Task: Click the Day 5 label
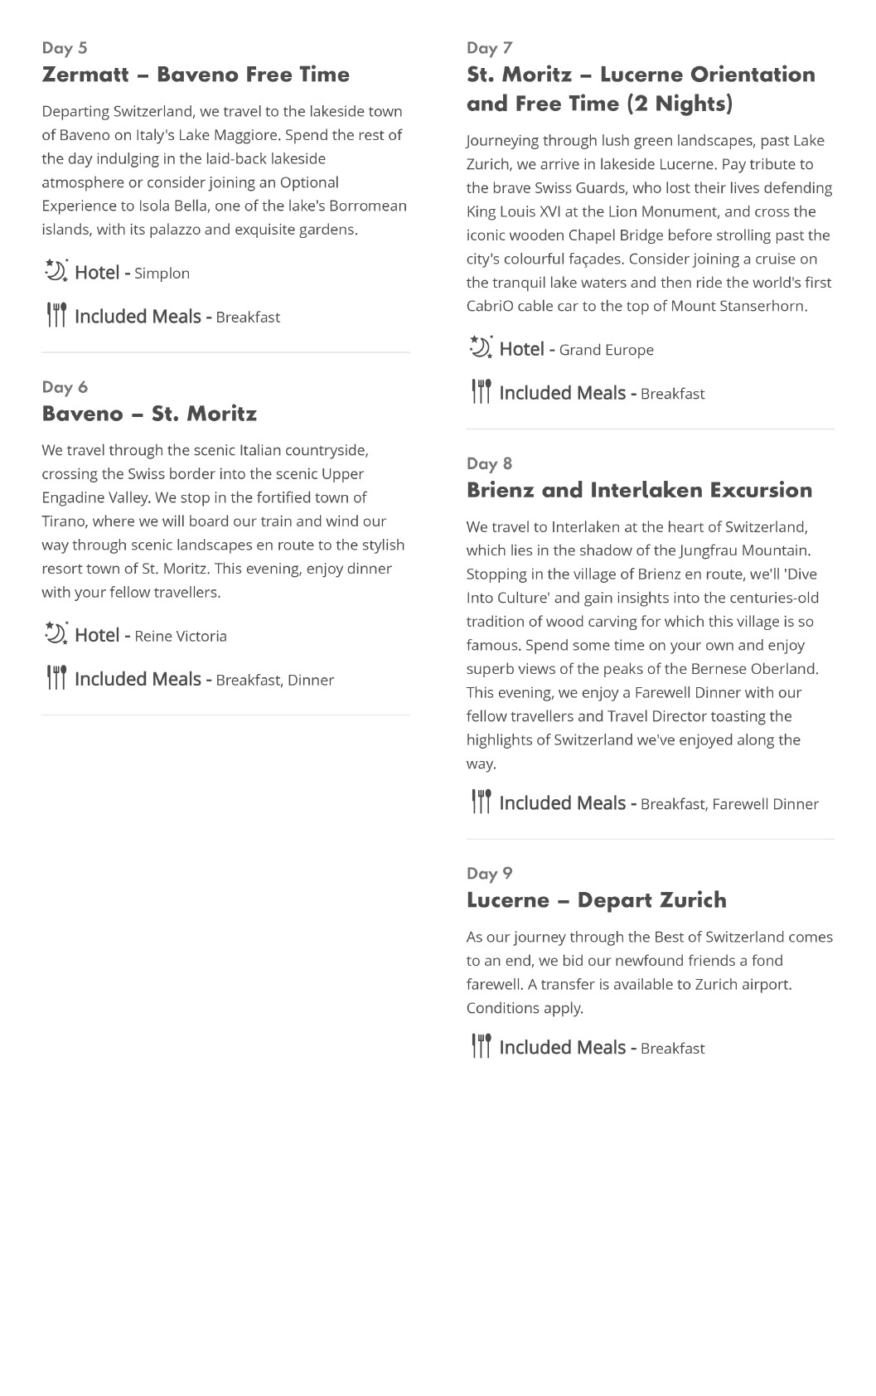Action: (x=65, y=48)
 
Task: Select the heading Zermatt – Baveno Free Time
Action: (x=196, y=75)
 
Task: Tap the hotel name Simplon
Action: (x=162, y=274)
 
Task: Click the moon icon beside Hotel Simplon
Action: (x=56, y=271)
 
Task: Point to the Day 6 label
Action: (x=65, y=387)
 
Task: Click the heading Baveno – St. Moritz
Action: (x=149, y=414)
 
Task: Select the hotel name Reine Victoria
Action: (x=181, y=637)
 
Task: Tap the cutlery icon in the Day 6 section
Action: (x=56, y=678)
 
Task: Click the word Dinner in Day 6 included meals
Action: (x=311, y=681)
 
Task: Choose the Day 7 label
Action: (x=489, y=48)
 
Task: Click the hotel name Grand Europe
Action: (x=606, y=351)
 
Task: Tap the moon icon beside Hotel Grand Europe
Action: (x=481, y=347)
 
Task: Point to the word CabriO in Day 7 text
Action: (x=490, y=307)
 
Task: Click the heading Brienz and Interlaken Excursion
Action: (x=639, y=490)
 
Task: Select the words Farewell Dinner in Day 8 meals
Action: (x=765, y=804)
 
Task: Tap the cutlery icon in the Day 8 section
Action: (x=481, y=802)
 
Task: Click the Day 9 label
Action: (x=489, y=874)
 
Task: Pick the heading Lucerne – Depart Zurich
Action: (x=596, y=900)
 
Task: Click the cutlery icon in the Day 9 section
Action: (x=481, y=1046)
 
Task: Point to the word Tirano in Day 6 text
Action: (x=63, y=521)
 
